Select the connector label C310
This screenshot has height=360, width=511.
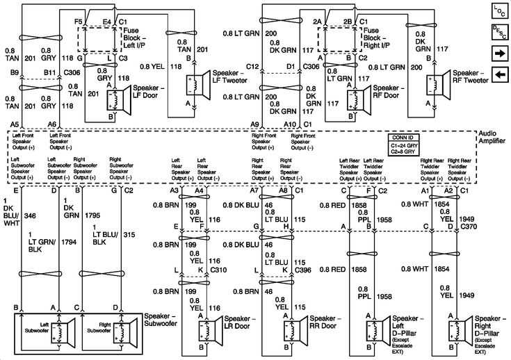click(218, 269)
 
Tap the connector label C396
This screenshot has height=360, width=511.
click(302, 269)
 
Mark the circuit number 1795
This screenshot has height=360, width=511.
click(92, 216)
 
